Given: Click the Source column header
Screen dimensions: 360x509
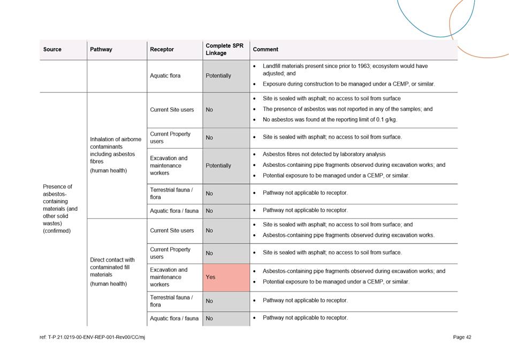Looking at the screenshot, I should pyautogui.click(x=52, y=49).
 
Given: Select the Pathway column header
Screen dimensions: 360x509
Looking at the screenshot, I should pyautogui.click(x=101, y=49).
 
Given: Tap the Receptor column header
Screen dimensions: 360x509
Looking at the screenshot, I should pyautogui.click(x=162, y=49).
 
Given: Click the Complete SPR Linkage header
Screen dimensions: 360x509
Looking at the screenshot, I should pyautogui.click(x=224, y=49).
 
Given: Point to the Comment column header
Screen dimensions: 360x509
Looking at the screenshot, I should pyautogui.click(x=265, y=49).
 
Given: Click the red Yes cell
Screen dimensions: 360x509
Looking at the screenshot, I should pyautogui.click(x=226, y=277).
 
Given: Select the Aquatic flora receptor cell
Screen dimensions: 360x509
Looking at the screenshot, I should pyautogui.click(x=165, y=75).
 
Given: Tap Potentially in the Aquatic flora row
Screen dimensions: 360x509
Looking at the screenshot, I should pyautogui.click(x=218, y=75).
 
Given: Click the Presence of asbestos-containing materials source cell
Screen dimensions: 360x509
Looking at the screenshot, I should pyautogui.click(x=60, y=209).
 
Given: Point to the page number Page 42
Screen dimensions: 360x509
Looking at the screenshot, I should pyautogui.click(x=462, y=337).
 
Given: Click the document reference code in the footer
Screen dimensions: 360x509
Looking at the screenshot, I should pyautogui.click(x=92, y=337).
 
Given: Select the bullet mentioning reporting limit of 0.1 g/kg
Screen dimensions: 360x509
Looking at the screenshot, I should pyautogui.click(x=330, y=119).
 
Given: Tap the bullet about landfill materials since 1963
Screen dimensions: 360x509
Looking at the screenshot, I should pyautogui.click(x=345, y=70).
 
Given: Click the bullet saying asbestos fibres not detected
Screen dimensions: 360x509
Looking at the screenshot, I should pyautogui.click(x=324, y=154).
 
